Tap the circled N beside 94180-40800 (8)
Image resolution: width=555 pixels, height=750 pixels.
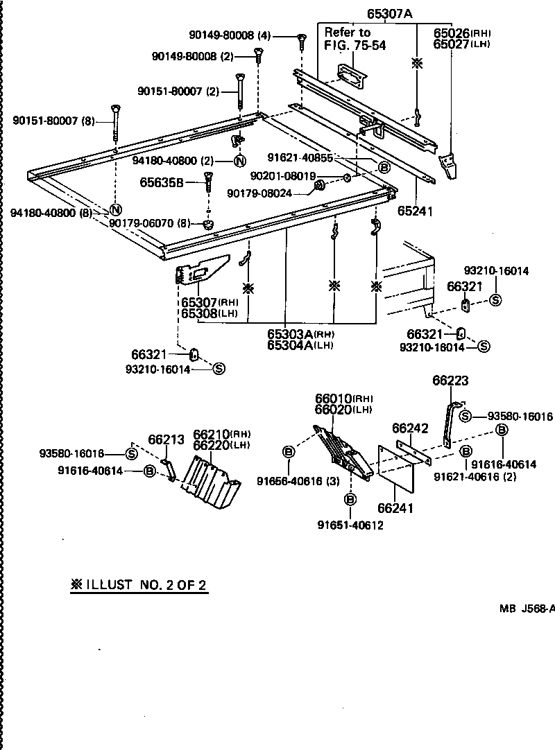pos(117,210)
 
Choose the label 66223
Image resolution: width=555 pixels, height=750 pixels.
pos(451,381)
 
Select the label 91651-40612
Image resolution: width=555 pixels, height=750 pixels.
pos(350,525)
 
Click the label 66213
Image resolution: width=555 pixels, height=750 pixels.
pos(166,439)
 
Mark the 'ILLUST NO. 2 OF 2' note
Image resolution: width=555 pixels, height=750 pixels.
pos(138,584)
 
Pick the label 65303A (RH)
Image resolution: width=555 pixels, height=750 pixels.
pos(300,334)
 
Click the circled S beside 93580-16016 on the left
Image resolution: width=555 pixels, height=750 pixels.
pos(130,454)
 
